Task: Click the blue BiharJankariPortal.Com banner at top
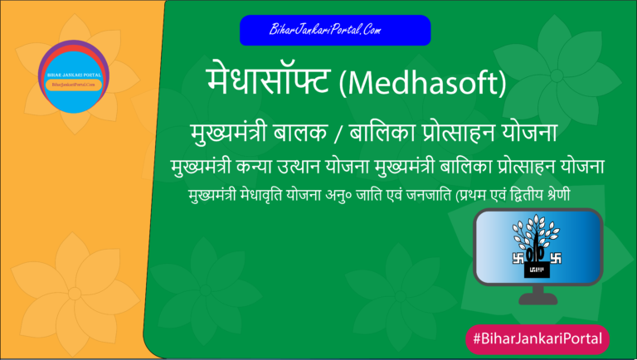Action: (335, 30)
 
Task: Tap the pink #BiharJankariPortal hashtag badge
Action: (537, 339)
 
